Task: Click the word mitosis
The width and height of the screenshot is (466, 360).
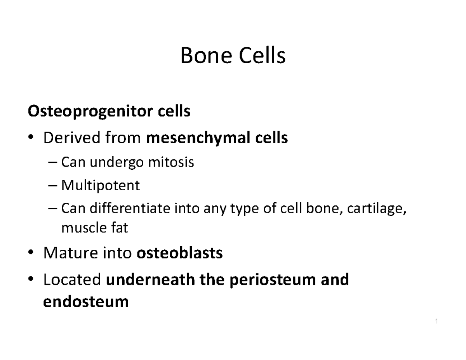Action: tap(171, 162)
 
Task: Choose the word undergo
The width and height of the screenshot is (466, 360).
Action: tap(118, 162)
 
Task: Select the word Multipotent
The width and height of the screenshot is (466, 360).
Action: tap(100, 186)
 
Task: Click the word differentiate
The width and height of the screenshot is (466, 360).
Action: tap(130, 209)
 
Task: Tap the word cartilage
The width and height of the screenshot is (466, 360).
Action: tap(376, 209)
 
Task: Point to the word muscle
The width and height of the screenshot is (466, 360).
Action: tap(81, 228)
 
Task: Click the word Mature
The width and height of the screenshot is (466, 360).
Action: tap(70, 253)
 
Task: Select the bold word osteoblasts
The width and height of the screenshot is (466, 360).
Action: tap(180, 253)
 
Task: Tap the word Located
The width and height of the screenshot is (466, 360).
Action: tap(72, 279)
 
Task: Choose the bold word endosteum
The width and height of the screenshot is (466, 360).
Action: tap(86, 301)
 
